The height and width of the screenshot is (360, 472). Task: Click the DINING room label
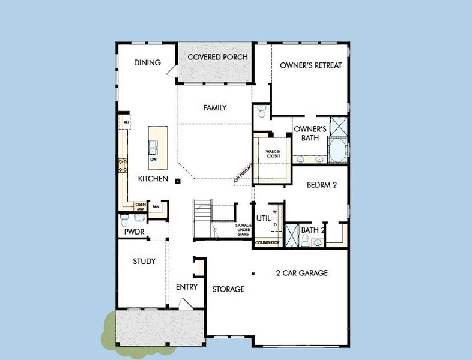coord(147,62)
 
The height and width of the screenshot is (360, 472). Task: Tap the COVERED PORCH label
coord(218,57)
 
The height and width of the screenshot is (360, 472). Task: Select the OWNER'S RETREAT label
coord(311,65)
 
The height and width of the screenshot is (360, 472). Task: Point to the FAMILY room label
coord(214,108)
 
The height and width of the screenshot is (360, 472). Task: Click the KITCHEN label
coord(153,179)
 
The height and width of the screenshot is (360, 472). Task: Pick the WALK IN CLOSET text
coord(273,154)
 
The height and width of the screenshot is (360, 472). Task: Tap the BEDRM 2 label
coord(321,185)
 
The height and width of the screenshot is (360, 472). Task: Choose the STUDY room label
coord(144,261)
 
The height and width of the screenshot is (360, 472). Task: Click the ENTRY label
coord(187,287)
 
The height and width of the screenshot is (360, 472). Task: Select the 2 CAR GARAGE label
coord(301,273)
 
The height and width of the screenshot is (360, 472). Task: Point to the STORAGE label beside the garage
coord(228,289)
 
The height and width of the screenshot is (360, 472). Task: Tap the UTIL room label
coord(263,218)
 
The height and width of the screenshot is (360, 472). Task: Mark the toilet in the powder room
coord(124,219)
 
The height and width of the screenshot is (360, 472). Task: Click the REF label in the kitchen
coord(127,122)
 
